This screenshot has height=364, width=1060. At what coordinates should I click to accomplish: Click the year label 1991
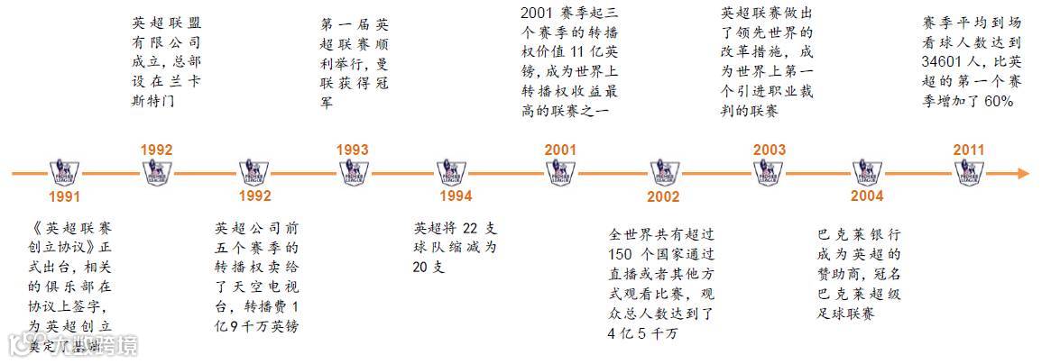coord(65,196)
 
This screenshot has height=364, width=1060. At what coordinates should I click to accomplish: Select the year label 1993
coord(352,150)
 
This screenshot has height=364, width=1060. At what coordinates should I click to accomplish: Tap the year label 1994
coord(455,196)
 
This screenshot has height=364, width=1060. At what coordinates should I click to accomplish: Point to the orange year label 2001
coord(561,150)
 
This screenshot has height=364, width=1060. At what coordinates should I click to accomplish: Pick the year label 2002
coord(664,196)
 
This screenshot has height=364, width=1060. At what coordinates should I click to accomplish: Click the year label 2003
coord(770,150)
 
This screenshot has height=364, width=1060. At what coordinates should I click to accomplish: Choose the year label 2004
coord(869,196)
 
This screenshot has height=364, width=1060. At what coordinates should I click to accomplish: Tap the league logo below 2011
coord(971,171)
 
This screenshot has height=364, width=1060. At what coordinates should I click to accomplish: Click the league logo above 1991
coord(65,171)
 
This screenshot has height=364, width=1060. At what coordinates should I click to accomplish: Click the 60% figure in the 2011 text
coord(1000,103)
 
